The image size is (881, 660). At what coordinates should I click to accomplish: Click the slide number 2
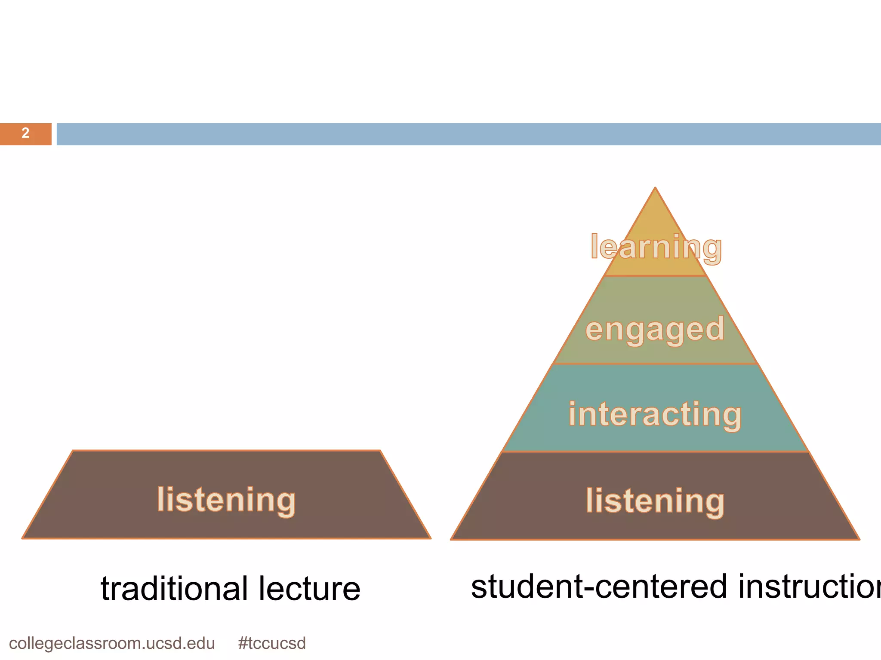point(25,133)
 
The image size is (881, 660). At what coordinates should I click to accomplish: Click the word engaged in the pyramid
point(655,330)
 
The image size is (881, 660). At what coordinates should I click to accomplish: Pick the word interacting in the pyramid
point(655,414)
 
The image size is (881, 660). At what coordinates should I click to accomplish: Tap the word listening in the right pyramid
point(655,501)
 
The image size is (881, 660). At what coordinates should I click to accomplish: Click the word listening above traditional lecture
point(226,500)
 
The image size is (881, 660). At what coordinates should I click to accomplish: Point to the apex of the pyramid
point(655,188)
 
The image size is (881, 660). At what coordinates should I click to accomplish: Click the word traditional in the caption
point(174,588)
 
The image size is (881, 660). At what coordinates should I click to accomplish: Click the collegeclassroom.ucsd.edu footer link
point(112,643)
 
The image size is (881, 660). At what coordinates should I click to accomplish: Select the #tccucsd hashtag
point(272,643)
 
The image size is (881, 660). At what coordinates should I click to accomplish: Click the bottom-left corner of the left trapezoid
point(23,538)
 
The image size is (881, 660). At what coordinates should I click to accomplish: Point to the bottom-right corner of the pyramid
point(859,539)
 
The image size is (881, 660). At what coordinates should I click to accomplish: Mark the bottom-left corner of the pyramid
point(451,539)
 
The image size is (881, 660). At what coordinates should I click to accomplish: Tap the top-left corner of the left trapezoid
point(73,451)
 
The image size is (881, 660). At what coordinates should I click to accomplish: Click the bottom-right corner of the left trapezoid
point(430,538)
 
